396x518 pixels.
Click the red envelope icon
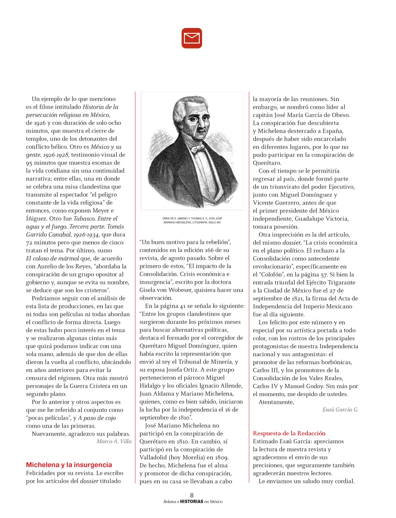click(x=192, y=38)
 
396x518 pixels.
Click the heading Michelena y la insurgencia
click(x=69, y=465)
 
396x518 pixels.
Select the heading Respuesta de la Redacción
click(x=289, y=433)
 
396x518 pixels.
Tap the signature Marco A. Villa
click(x=114, y=442)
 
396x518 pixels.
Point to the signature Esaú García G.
click(x=340, y=410)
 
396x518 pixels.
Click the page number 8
click(x=192, y=495)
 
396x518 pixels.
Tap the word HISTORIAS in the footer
click(x=192, y=502)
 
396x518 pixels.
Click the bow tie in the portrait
click(x=198, y=149)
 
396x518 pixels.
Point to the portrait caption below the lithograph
click(x=192, y=220)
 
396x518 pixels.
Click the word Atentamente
click(x=276, y=402)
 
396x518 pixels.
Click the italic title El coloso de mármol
click(x=52, y=258)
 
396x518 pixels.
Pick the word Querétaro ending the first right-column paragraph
click(x=267, y=163)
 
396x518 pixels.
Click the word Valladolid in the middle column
click(x=154, y=457)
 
